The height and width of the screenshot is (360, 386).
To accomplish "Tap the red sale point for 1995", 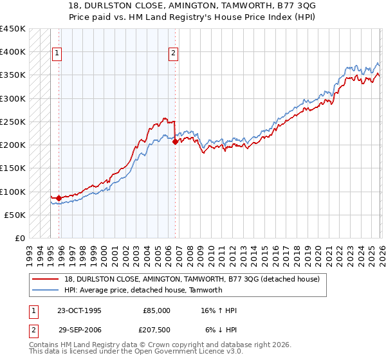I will [59, 199].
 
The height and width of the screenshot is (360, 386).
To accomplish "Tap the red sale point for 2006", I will [175, 142].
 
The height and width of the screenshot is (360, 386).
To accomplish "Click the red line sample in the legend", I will [47, 279].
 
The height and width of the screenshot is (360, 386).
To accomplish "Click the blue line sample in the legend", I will [47, 290].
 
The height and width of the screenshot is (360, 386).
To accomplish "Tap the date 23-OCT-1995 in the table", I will [78, 310].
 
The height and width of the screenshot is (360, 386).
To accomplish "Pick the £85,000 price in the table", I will [157, 310].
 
